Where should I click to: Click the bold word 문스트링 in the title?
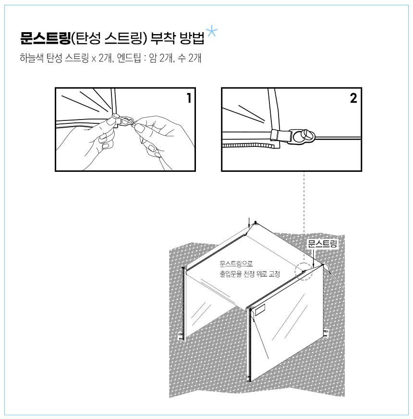coord(46,38)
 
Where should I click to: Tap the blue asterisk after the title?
coord(211,32)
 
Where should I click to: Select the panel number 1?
coord(189,98)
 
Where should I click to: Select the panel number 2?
coord(353,98)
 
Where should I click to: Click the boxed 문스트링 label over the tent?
coord(322,244)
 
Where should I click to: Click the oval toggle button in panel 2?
coord(305,135)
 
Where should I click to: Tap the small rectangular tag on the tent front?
coord(260,310)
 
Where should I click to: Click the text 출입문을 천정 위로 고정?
coord(250,274)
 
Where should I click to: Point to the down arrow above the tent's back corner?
coord(249,222)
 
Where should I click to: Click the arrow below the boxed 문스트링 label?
coord(313,258)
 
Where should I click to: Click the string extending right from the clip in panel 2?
coord(338,138)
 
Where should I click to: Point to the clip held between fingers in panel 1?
coord(122,121)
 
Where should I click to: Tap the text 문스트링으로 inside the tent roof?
coord(236,264)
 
